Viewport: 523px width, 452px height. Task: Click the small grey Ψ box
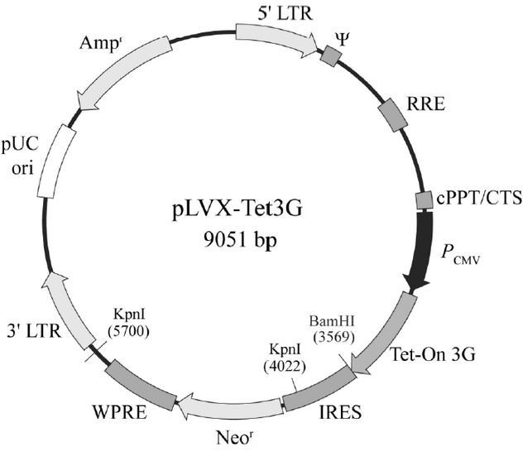(x=332, y=55)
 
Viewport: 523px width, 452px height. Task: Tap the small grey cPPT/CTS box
(x=423, y=200)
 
